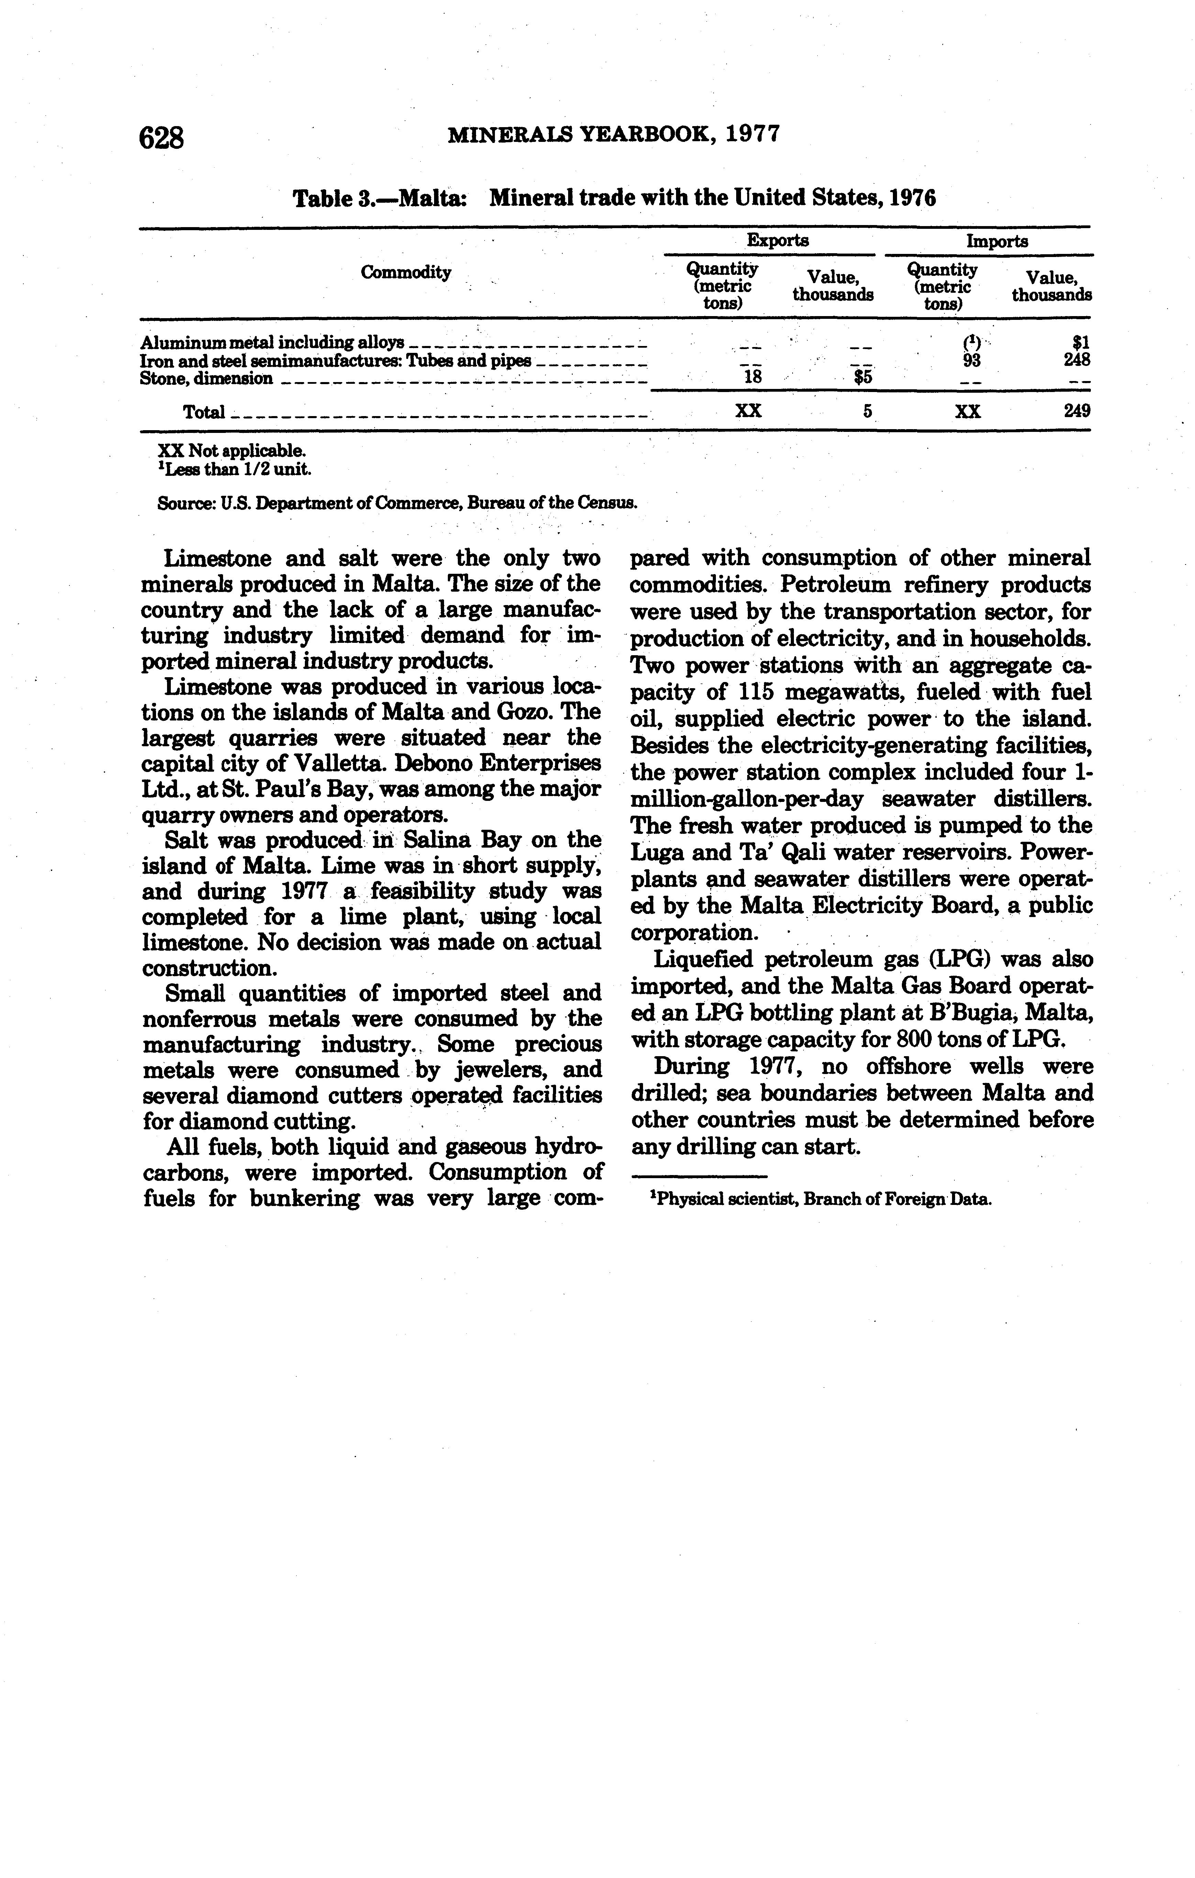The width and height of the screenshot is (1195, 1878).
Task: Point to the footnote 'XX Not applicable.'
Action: coord(232,451)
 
